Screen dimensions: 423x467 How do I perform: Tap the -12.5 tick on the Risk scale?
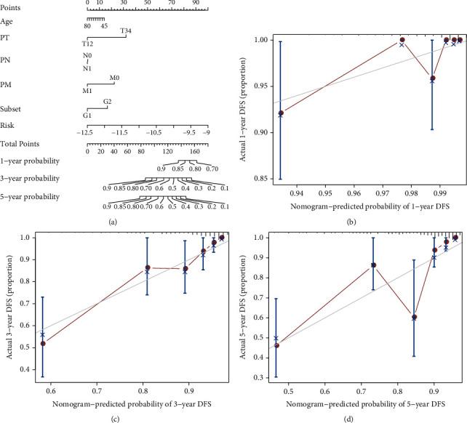point(87,133)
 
